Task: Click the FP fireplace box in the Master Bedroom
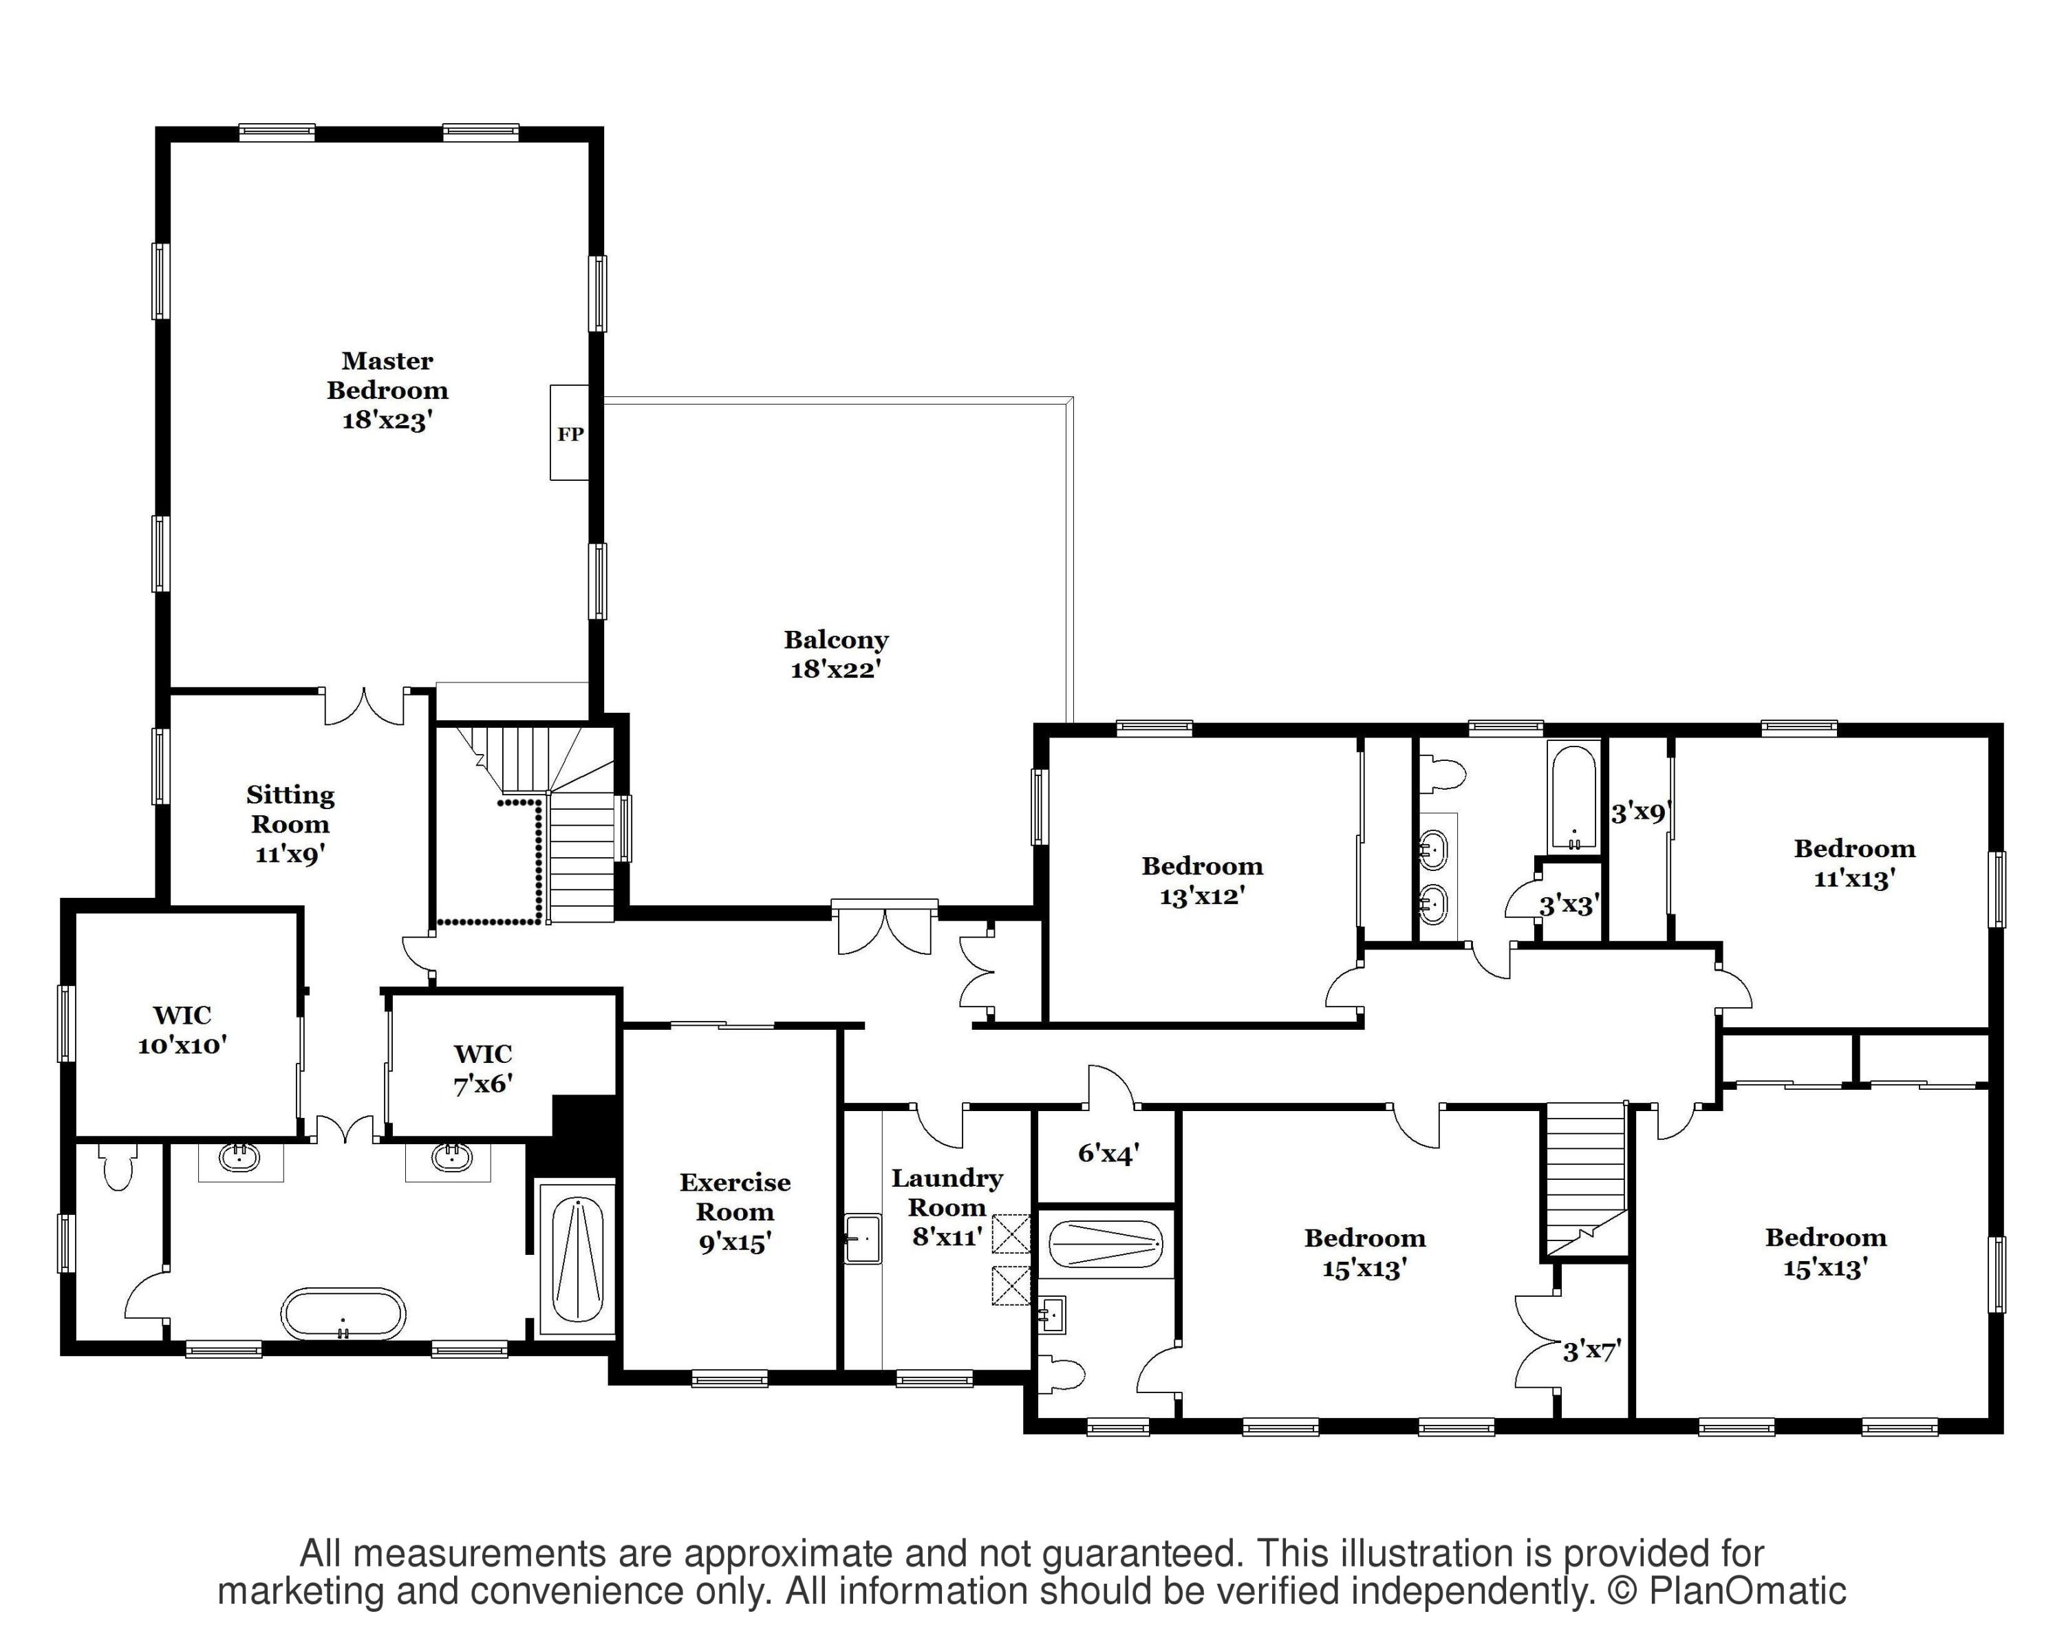(x=569, y=433)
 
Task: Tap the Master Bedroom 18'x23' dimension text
(x=387, y=420)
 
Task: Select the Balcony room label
(x=835, y=639)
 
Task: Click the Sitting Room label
(x=290, y=808)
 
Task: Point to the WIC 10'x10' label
(x=182, y=1029)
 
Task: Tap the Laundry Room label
(x=947, y=1193)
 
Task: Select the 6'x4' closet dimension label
(x=1108, y=1153)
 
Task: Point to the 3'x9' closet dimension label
(x=1639, y=813)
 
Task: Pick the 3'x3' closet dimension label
(x=1567, y=905)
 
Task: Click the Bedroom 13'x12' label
(x=1202, y=880)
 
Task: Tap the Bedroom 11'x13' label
(x=1853, y=862)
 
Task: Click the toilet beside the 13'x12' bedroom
(x=1441, y=772)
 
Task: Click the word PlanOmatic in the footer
(x=1747, y=1591)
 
